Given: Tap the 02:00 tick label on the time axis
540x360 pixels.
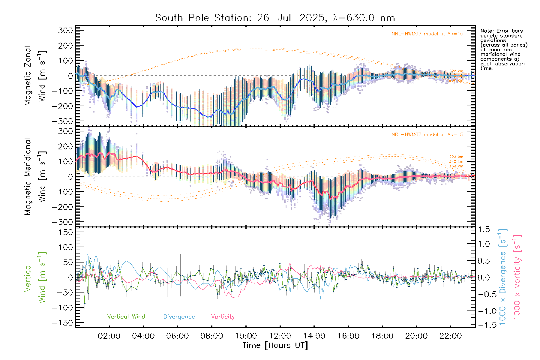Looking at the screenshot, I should pos(109,336).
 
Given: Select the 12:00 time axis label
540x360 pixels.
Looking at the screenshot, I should pos(280,336).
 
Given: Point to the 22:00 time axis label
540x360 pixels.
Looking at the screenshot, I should pos(450,336).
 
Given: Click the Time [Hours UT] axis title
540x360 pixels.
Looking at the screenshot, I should pos(275,346).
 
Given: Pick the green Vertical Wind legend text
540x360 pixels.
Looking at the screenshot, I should pos(126,317).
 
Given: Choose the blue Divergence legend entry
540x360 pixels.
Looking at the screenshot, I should pos(179,317).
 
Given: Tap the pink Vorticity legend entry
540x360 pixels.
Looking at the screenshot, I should pos(223,317).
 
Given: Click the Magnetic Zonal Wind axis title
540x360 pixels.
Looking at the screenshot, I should pos(35,76).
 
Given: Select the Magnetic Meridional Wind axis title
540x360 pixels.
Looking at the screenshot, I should pos(35,176).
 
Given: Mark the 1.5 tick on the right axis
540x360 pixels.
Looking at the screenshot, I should pos(484,229).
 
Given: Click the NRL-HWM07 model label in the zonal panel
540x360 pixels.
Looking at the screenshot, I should pos(427,34).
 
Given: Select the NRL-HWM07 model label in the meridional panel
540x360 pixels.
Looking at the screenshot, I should pos(427,135).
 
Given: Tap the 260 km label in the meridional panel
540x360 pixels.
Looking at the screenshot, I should pos(456,166).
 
